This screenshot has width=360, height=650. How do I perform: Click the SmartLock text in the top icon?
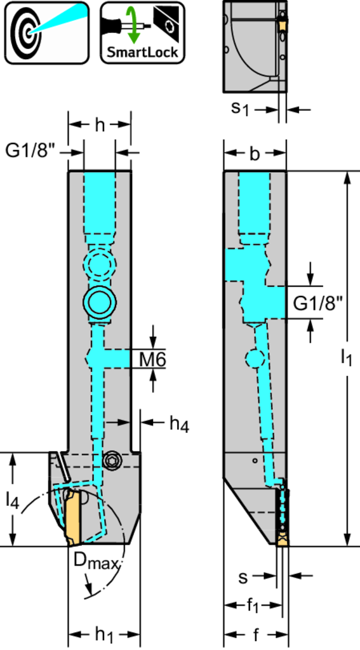pyautogui.click(x=142, y=53)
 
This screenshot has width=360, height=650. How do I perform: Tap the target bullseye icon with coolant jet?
pyautogui.click(x=46, y=32)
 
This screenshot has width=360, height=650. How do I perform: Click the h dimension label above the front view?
pyautogui.click(x=100, y=124)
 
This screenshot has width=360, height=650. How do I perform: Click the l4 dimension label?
pyautogui.click(x=13, y=500)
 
